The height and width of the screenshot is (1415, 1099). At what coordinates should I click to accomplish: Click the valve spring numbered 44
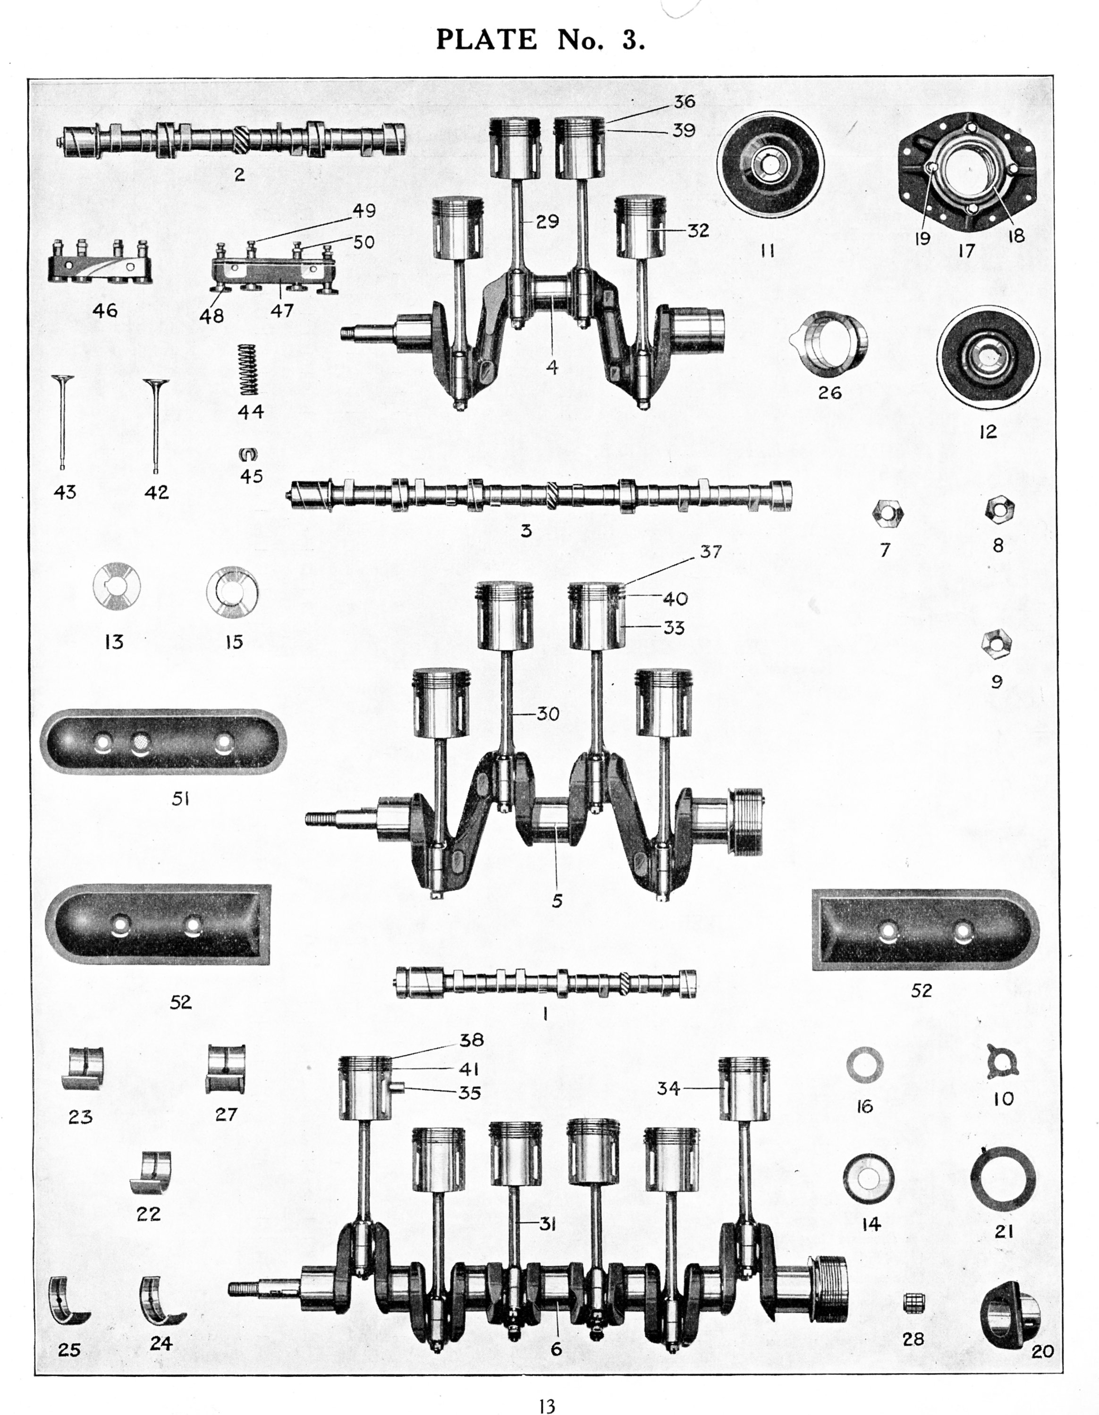[249, 369]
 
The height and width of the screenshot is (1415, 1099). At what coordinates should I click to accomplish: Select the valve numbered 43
[62, 421]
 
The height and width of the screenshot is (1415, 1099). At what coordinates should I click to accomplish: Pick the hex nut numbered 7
[887, 514]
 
